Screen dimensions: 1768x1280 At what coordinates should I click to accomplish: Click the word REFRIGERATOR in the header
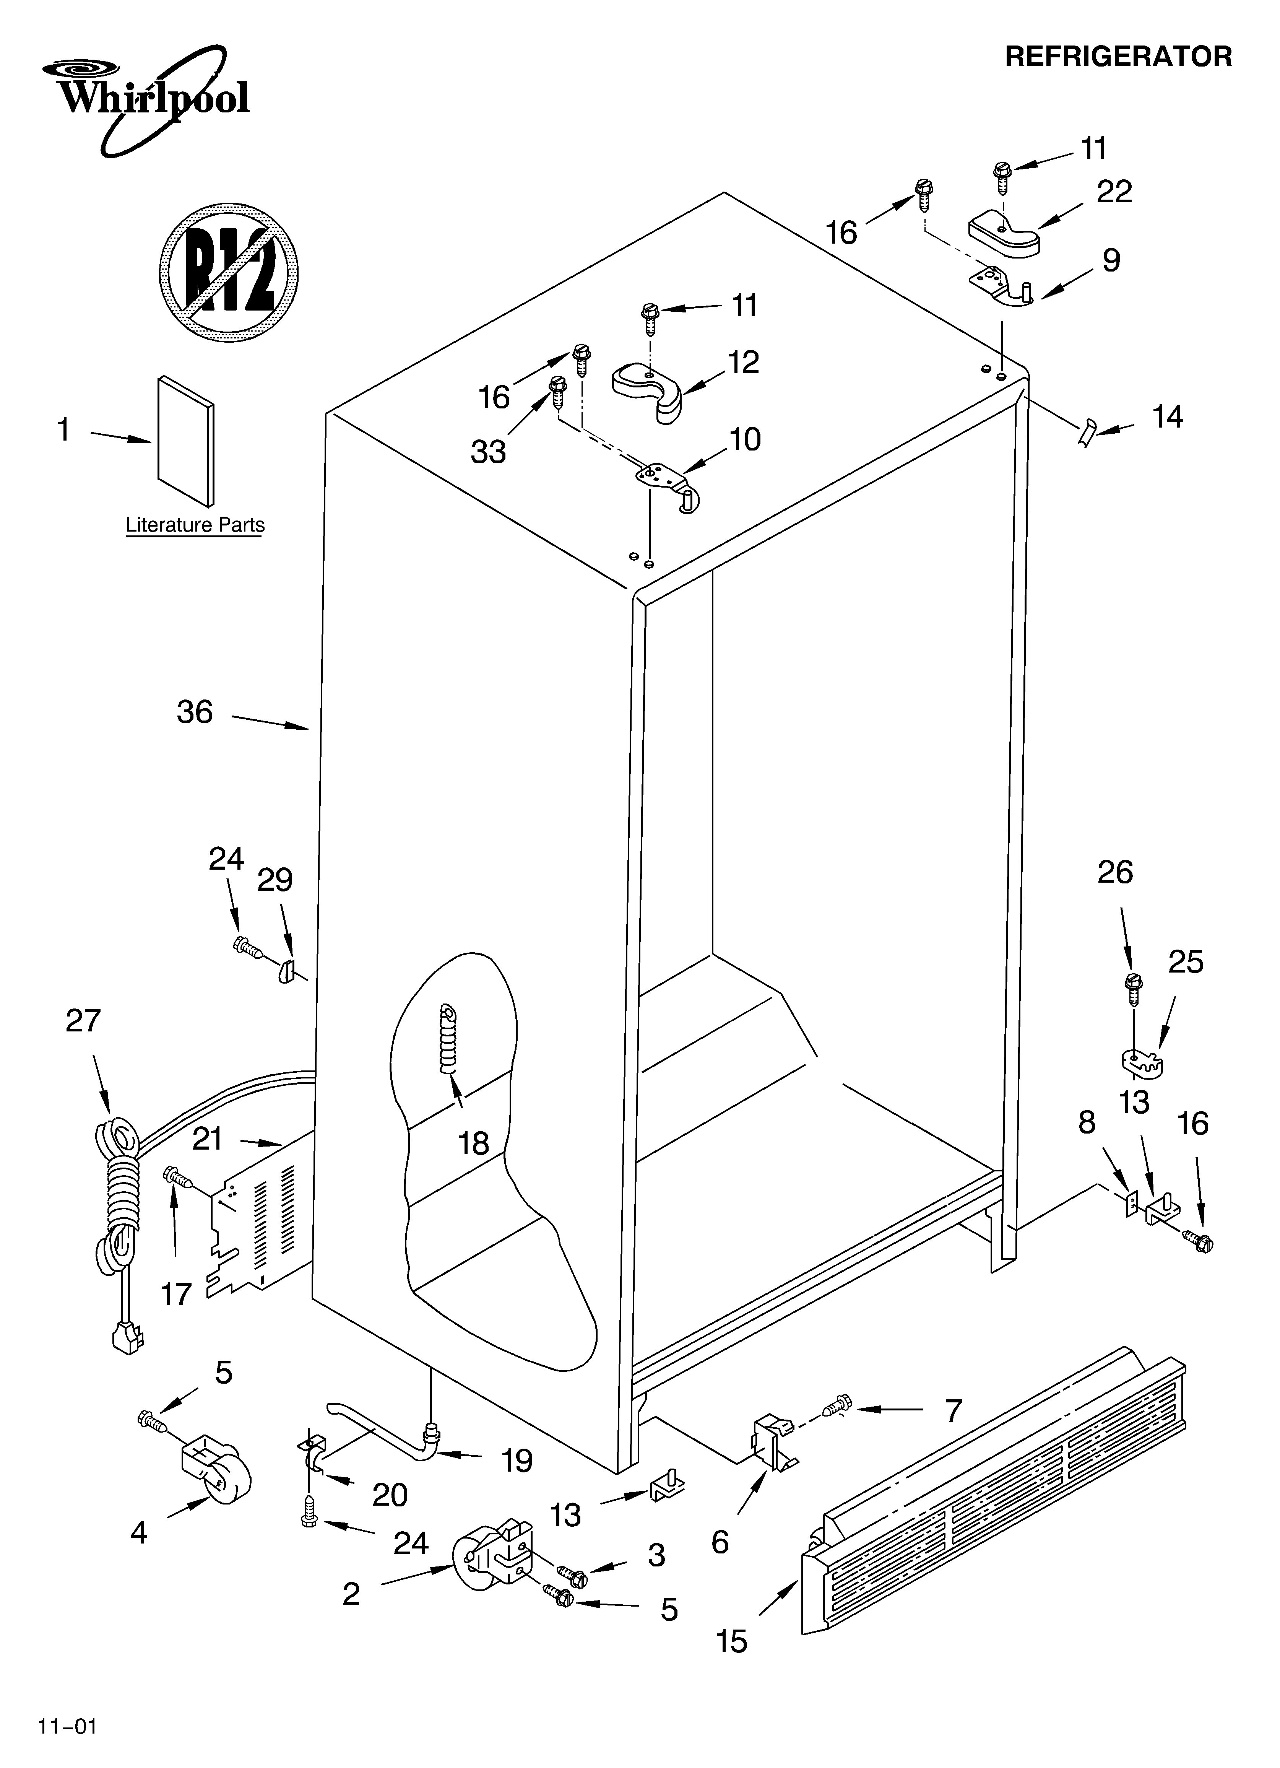(1118, 57)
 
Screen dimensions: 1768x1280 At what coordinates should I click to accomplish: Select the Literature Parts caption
(195, 525)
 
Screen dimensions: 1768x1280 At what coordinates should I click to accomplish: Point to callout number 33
(489, 451)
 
